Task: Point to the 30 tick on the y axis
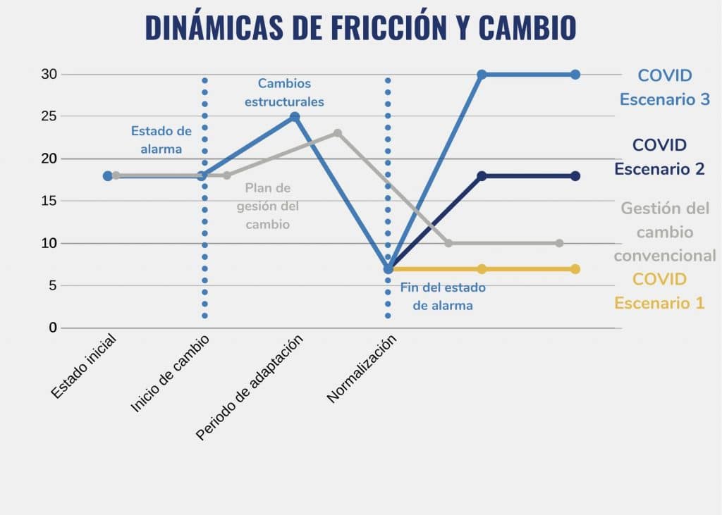click(x=49, y=75)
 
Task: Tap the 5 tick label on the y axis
click(x=52, y=286)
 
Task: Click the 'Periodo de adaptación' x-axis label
click(x=249, y=387)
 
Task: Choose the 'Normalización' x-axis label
click(x=362, y=368)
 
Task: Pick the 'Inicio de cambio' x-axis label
click(x=170, y=373)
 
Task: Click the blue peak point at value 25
click(x=295, y=117)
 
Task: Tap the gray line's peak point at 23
click(x=338, y=133)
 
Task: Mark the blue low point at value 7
click(x=388, y=269)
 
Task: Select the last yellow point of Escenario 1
click(x=575, y=269)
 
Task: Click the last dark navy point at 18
click(x=575, y=176)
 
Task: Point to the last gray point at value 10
click(x=559, y=243)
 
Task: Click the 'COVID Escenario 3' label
click(x=664, y=87)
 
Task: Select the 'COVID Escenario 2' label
click(x=659, y=157)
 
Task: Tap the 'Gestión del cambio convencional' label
click(x=664, y=232)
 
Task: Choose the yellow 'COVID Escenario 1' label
click(x=659, y=291)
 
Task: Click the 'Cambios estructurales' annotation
click(x=284, y=92)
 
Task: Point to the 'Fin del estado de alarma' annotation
click(x=443, y=297)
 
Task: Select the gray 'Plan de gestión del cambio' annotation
click(x=268, y=206)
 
